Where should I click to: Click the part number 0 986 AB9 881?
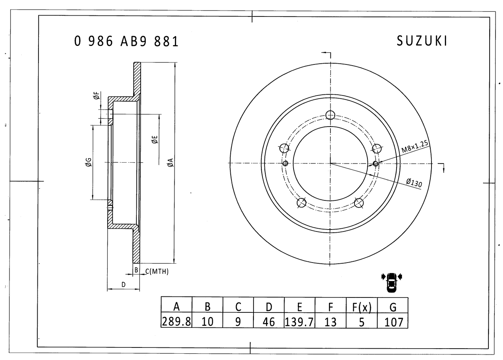pyautogui.click(x=127, y=41)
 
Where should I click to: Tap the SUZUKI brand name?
pyautogui.click(x=422, y=41)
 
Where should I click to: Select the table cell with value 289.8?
pyautogui.click(x=176, y=321)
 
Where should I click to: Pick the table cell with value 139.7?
pyautogui.click(x=299, y=321)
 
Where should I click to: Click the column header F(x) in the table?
pyautogui.click(x=362, y=306)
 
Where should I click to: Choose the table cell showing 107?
pyautogui.click(x=393, y=321)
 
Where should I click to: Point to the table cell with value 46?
pyautogui.click(x=269, y=321)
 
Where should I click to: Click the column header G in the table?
pyautogui.click(x=393, y=306)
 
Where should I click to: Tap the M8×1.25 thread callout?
pyautogui.click(x=415, y=147)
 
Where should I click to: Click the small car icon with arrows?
pyautogui.click(x=391, y=281)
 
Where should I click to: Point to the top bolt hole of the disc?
pyautogui.click(x=330, y=115)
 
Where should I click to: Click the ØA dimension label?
pyautogui.click(x=170, y=163)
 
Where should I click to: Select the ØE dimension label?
pyautogui.click(x=155, y=140)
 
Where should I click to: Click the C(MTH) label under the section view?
pyautogui.click(x=157, y=271)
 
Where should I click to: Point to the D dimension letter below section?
pyautogui.click(x=123, y=284)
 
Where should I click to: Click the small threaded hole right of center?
pyautogui.click(x=376, y=163)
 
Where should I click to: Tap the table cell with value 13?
pyautogui.click(x=330, y=321)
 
